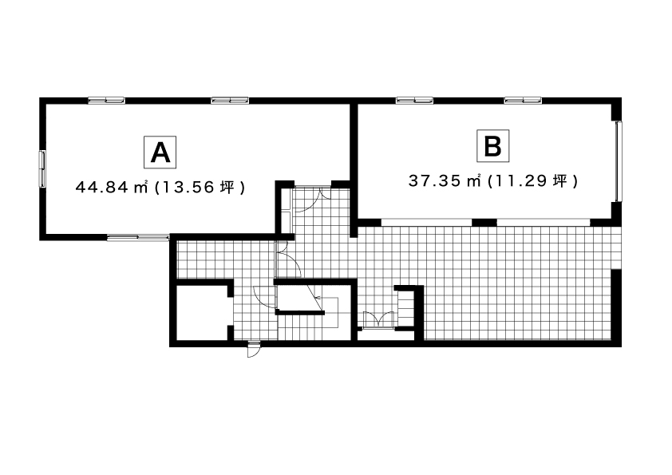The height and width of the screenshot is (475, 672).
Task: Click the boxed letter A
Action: [x=160, y=152]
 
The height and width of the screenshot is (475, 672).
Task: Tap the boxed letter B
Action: [x=493, y=146]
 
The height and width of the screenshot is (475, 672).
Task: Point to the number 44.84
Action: [x=101, y=188]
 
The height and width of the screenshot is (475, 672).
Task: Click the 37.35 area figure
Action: [x=435, y=181]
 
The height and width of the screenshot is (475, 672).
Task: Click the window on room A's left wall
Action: [x=42, y=169]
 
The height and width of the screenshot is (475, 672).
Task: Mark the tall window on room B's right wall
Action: [x=619, y=161]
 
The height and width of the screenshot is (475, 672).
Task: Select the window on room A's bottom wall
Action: [x=138, y=238]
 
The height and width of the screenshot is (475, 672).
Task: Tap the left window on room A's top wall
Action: [x=106, y=101]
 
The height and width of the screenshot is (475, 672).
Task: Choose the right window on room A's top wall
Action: [x=230, y=101]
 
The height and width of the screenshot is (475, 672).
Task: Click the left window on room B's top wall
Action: [x=414, y=101]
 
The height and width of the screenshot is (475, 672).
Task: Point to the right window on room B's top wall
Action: [x=523, y=101]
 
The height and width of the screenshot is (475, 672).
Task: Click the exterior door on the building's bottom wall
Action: [x=254, y=349]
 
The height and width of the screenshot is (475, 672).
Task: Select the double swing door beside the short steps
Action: [x=378, y=320]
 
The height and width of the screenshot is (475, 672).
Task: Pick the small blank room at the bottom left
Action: [x=202, y=312]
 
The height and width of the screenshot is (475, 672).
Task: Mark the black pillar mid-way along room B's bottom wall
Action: [x=484, y=222]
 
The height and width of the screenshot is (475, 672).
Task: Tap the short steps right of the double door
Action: [x=405, y=309]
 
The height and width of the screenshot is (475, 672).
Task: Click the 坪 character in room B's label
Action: [x=560, y=181]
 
